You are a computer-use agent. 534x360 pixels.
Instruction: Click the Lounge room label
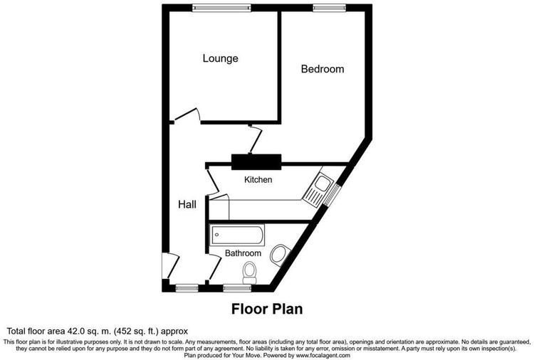220,58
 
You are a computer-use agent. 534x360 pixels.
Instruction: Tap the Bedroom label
323,69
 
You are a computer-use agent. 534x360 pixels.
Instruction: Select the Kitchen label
258,180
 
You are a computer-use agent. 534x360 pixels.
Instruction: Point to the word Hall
187,204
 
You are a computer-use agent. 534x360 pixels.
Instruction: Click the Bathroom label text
244,253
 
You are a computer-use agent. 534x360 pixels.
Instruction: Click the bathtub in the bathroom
238,235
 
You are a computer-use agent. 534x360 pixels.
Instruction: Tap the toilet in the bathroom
250,273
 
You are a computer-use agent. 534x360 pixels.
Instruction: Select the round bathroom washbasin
280,254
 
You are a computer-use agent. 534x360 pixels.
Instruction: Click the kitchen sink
318,189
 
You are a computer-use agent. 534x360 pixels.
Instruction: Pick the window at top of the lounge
221,8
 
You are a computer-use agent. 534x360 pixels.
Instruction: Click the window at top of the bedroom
330,8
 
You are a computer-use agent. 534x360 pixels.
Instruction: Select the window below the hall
187,289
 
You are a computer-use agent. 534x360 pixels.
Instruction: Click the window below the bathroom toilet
237,289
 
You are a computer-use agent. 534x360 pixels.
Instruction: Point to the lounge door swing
187,115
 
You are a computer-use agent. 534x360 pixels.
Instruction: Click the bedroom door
256,140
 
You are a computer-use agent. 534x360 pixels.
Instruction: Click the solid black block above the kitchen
256,162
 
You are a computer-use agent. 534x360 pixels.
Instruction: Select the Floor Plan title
267,309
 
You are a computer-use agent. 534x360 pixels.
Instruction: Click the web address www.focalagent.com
323,356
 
